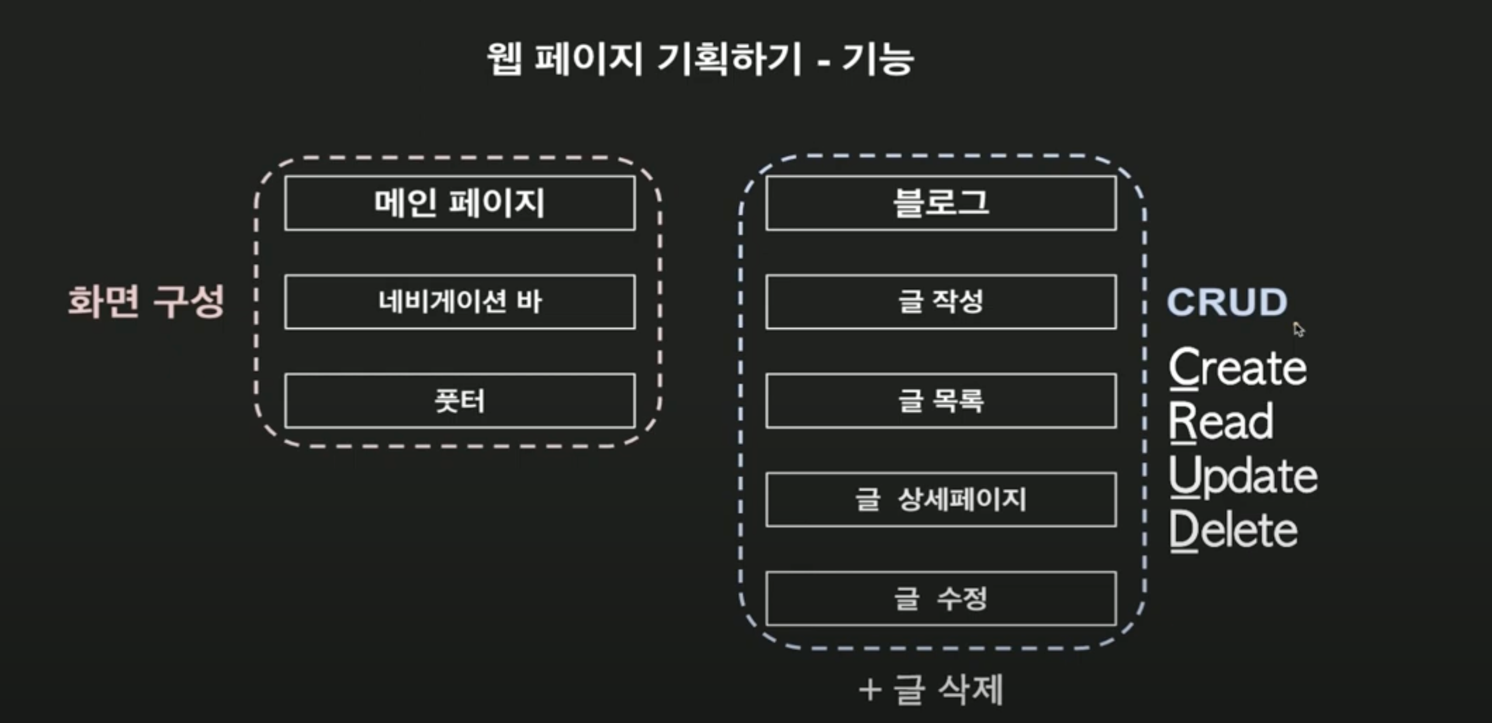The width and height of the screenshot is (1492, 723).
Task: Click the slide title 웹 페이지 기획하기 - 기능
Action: pyautogui.click(x=699, y=59)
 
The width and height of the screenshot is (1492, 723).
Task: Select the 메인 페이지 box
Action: pyautogui.click(x=460, y=204)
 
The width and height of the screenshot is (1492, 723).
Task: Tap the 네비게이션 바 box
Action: pyautogui.click(x=460, y=302)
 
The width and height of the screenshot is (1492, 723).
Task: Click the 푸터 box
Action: pyautogui.click(x=460, y=401)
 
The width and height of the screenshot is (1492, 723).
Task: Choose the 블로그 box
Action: pyautogui.click(x=940, y=204)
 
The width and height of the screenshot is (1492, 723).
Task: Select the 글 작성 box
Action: pyautogui.click(x=940, y=302)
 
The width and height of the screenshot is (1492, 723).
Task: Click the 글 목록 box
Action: pyautogui.click(x=940, y=401)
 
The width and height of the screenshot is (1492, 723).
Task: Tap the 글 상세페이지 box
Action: pyautogui.click(x=940, y=499)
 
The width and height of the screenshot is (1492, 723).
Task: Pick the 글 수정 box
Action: pyautogui.click(x=940, y=598)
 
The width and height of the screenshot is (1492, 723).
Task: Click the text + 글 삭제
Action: pyautogui.click(x=931, y=689)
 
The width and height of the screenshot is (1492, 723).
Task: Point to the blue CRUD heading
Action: pyautogui.click(x=1227, y=302)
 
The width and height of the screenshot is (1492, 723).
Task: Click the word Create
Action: pyautogui.click(x=1238, y=367)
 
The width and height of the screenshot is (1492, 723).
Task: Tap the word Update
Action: pyautogui.click(x=1243, y=476)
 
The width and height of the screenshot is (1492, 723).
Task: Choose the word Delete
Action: pyautogui.click(x=1233, y=530)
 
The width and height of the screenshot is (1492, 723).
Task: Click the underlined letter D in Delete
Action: pyautogui.click(x=1184, y=530)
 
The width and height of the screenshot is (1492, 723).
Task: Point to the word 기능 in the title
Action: pyautogui.click(x=878, y=59)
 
